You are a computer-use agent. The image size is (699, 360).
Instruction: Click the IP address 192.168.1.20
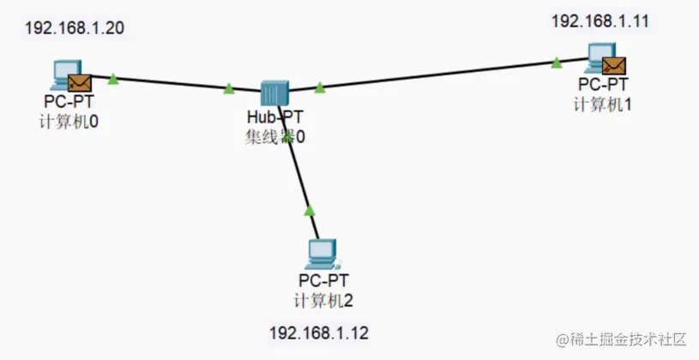(x=75, y=27)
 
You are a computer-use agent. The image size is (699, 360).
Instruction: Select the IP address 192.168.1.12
(x=319, y=332)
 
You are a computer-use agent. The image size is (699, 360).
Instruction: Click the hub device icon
(x=275, y=92)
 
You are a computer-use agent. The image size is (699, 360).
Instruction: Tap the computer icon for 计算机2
(x=322, y=254)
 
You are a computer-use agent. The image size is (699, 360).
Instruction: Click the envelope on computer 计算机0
(x=80, y=82)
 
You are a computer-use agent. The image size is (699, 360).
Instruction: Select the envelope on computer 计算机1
(x=614, y=65)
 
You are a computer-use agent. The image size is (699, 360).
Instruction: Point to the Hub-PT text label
(x=274, y=117)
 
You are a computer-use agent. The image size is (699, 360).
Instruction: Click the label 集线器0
(x=275, y=135)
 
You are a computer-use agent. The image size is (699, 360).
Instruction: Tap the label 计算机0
(x=69, y=121)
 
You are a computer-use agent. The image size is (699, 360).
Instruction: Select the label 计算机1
(x=602, y=103)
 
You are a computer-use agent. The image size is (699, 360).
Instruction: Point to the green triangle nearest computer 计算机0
(x=113, y=80)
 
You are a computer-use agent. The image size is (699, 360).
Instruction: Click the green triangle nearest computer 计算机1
(x=557, y=62)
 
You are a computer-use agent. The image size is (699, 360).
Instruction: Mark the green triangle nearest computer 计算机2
(x=310, y=210)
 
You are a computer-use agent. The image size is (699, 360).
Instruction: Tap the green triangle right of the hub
(x=320, y=87)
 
